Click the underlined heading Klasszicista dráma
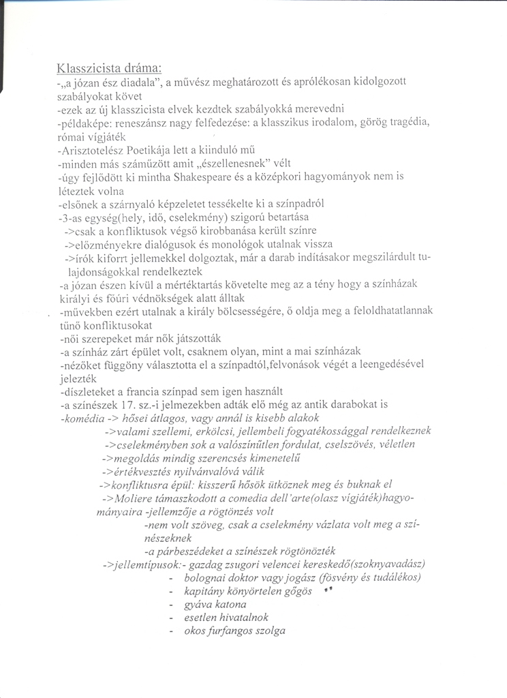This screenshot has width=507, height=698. coord(110,69)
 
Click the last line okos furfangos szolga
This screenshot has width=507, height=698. coord(234,631)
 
